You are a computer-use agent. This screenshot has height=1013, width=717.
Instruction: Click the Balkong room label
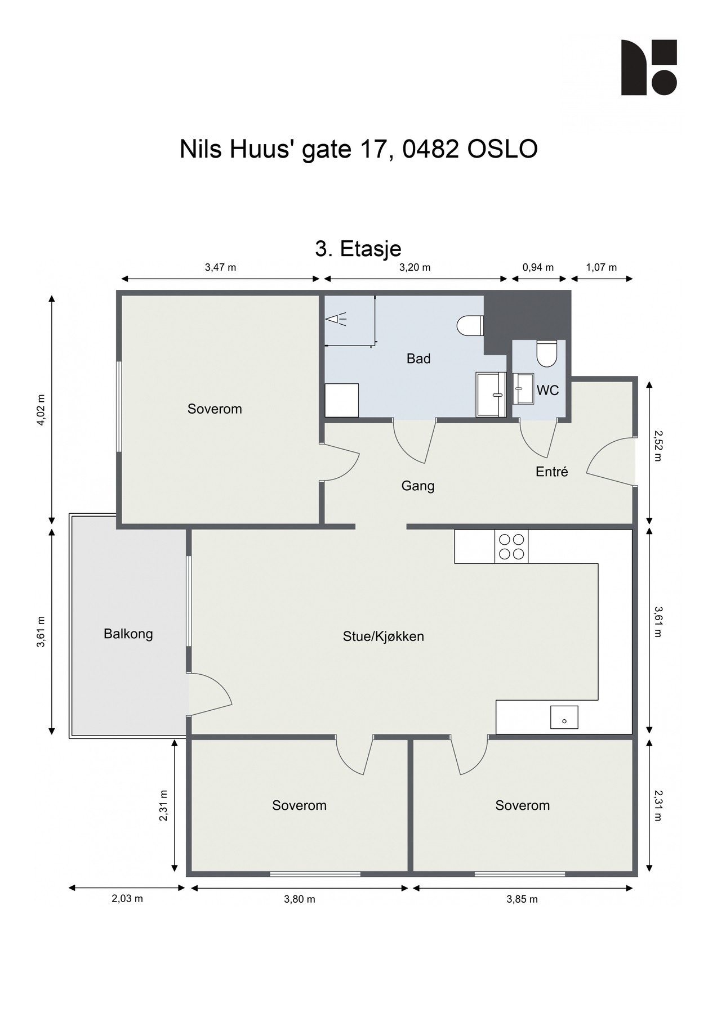(x=128, y=634)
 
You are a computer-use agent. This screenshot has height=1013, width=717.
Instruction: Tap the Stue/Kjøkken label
(x=383, y=637)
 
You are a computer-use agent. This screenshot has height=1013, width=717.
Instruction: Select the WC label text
(x=547, y=390)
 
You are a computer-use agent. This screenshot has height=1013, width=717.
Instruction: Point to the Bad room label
(x=418, y=358)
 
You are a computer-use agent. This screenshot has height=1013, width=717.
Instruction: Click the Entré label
(x=551, y=472)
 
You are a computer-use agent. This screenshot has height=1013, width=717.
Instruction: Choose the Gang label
(x=418, y=486)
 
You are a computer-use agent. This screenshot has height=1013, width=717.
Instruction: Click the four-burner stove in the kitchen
(x=511, y=546)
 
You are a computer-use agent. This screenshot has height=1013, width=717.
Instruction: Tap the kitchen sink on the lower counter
(x=564, y=717)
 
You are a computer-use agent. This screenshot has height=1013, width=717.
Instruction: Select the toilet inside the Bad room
(x=470, y=325)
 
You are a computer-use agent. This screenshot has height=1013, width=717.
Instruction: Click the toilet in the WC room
(x=546, y=353)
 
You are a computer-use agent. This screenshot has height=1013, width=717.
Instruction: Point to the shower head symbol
(x=336, y=320)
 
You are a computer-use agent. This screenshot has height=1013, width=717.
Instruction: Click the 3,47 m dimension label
(x=220, y=267)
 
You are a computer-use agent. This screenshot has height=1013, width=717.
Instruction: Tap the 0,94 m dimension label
(x=538, y=267)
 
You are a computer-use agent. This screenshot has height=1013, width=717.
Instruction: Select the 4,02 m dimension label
(x=41, y=410)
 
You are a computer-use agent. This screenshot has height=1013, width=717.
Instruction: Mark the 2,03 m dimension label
(x=127, y=899)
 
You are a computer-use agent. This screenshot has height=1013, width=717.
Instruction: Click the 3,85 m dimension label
(x=522, y=899)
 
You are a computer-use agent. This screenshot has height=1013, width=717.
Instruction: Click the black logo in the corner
(x=649, y=68)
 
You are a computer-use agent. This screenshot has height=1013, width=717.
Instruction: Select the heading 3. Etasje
(x=358, y=249)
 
